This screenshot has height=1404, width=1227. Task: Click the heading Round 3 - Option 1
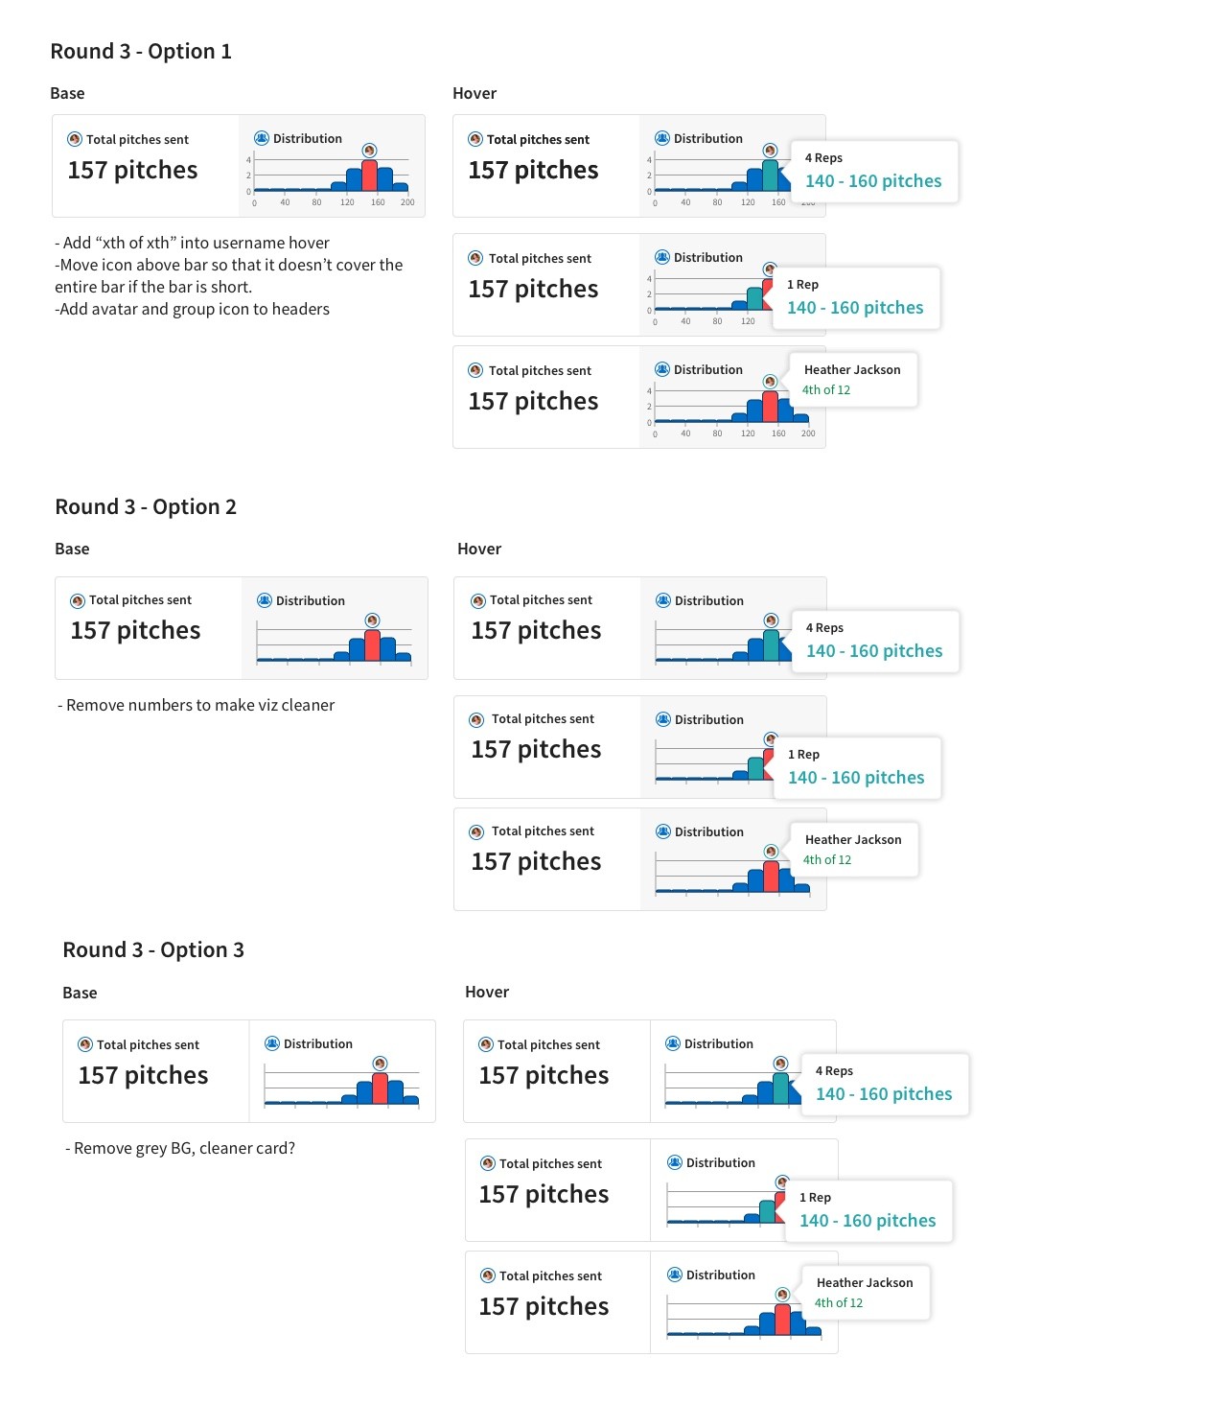coord(141,52)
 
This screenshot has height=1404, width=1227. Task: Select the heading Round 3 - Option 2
coord(146,506)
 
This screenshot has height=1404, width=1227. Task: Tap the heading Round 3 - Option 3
coord(153,949)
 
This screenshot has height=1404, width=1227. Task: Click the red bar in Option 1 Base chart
coord(369,175)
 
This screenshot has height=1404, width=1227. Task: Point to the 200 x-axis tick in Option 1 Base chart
coord(407,202)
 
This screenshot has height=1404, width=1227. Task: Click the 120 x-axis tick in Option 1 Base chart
coord(347,202)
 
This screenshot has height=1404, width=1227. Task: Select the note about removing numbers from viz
coord(197,705)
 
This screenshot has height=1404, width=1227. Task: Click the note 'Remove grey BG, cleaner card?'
coord(179,1148)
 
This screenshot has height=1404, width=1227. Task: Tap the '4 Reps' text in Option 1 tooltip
coord(823,158)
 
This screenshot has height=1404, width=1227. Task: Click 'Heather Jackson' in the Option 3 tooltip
coord(865,1282)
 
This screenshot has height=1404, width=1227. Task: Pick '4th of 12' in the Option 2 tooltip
coord(826,860)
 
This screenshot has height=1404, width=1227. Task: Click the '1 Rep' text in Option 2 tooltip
coord(803,754)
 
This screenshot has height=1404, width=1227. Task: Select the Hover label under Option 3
coord(487,992)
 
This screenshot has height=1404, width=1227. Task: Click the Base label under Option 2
coord(72,549)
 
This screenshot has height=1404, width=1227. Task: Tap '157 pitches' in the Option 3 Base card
coord(143,1075)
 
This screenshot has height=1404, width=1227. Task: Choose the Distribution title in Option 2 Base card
coord(310,600)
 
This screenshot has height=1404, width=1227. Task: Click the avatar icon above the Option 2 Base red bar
coord(372,620)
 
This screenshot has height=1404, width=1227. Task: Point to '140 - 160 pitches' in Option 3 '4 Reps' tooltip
coord(884,1094)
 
